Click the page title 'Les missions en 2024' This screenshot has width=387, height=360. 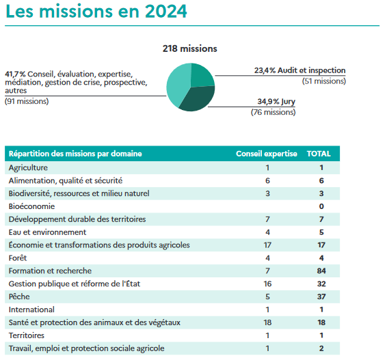click(x=96, y=12)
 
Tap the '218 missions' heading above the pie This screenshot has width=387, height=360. click(x=190, y=49)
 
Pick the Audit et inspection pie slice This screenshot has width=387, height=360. click(x=202, y=74)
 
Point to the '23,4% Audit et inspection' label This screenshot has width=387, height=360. click(x=300, y=70)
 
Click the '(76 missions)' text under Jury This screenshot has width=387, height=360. click(x=273, y=112)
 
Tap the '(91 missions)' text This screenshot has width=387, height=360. click(x=27, y=101)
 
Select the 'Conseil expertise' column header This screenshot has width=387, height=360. click(x=267, y=154)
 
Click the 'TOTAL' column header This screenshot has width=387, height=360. click(x=319, y=154)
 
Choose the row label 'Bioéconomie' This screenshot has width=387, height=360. click(x=31, y=206)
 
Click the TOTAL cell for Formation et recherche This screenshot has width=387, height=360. click(x=321, y=271)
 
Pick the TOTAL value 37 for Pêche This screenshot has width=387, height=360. click(x=321, y=296)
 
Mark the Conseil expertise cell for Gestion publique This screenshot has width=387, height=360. click(x=267, y=283)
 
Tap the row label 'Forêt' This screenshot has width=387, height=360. click(x=18, y=258)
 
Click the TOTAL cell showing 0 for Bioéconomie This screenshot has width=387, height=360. click(x=321, y=206)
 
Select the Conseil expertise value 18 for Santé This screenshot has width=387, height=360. click(x=267, y=322)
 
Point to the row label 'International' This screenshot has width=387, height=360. click(x=31, y=309)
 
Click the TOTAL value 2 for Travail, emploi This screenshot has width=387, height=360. click(x=321, y=348)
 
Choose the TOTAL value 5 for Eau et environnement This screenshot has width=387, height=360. click(x=321, y=232)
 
